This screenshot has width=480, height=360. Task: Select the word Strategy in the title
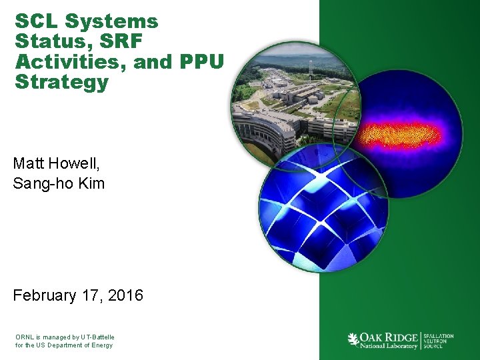[61, 83]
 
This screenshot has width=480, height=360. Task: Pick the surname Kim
[90, 183]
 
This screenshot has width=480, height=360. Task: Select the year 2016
[125, 295]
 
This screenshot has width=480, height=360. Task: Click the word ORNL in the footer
[25, 337]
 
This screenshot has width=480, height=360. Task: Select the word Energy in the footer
[101, 345]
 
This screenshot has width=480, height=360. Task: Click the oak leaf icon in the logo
[353, 339]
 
